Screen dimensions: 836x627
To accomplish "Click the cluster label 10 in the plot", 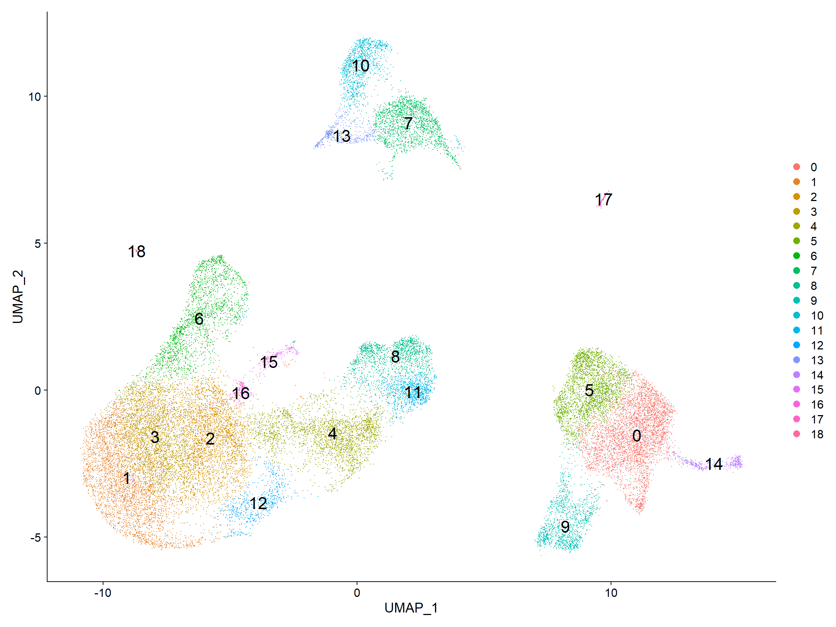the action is (x=360, y=66).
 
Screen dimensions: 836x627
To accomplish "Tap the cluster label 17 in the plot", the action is (x=603, y=200).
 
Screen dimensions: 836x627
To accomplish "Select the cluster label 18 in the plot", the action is (x=136, y=251).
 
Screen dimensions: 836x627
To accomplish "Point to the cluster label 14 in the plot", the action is (x=714, y=464).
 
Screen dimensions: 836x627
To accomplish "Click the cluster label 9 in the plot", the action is (x=565, y=526).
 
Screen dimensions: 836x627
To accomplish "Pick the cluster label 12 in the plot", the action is (x=258, y=503).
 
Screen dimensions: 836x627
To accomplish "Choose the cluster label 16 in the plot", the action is (x=241, y=393).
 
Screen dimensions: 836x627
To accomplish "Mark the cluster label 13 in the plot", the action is (x=342, y=136).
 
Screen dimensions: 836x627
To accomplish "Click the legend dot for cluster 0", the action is (x=797, y=167).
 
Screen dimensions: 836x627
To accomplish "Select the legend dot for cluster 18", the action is (x=797, y=434).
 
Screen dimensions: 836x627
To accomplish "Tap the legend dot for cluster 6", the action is (x=797, y=256).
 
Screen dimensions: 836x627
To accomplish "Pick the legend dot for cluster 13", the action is (x=797, y=360).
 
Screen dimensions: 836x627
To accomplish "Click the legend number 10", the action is (x=817, y=316).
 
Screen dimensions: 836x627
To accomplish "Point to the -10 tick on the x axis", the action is (x=103, y=593).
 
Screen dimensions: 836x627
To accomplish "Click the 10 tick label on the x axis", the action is (x=611, y=593).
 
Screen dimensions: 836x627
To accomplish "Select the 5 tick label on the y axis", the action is (x=37, y=243).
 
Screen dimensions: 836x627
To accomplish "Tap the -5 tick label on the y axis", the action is (x=36, y=537).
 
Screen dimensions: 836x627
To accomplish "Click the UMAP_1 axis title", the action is (x=411, y=608).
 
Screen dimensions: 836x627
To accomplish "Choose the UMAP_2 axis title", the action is (x=18, y=297).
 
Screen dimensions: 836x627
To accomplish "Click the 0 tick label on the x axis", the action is (x=357, y=593).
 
